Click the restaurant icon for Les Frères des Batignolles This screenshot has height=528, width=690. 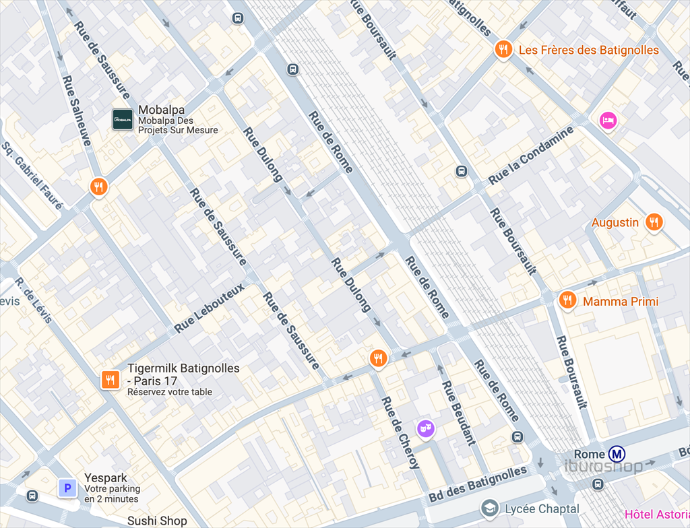point(503,49)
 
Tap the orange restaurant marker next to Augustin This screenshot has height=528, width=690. point(653,222)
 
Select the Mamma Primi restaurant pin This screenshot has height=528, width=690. point(567,300)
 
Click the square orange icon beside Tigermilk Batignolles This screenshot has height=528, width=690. point(110,380)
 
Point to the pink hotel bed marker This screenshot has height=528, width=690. point(608,121)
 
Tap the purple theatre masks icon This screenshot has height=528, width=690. point(425,427)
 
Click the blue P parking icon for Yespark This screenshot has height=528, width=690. point(67,488)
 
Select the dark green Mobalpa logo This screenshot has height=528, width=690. point(123,119)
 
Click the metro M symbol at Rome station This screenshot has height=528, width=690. point(616,454)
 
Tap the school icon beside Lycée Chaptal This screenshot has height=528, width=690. point(490,508)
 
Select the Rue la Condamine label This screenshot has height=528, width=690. point(531,156)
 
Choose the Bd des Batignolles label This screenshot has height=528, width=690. point(477,485)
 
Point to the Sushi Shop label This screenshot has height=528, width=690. point(157,521)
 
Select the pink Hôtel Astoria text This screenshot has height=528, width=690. point(657,515)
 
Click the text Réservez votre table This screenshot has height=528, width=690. point(170,392)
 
